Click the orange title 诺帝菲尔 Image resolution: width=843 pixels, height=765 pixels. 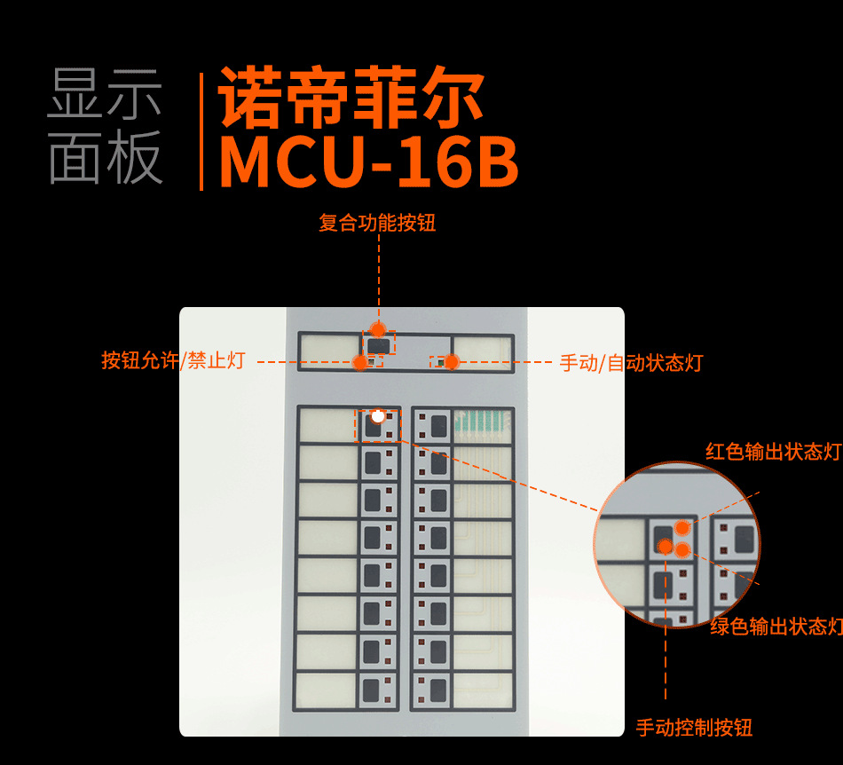tap(351, 98)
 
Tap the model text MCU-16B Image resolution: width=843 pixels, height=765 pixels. tap(367, 162)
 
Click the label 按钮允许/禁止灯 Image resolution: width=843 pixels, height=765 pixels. tap(172, 360)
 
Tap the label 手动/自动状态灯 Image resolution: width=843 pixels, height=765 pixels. tap(631, 362)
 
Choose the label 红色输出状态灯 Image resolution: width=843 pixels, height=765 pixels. tap(773, 452)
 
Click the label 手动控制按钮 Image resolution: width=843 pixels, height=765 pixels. tap(694, 729)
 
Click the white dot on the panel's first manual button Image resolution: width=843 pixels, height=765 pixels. tap(378, 415)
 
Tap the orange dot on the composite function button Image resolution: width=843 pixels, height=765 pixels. tap(378, 330)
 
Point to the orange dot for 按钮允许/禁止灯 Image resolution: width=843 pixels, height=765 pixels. tap(359, 362)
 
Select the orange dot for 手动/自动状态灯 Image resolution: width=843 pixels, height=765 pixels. tap(451, 362)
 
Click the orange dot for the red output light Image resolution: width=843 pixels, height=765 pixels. tap(682, 529)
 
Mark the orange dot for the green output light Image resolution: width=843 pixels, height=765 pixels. tap(682, 549)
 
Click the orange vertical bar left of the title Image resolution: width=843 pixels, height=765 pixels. tap(201, 130)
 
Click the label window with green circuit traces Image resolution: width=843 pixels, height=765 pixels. tap(483, 425)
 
